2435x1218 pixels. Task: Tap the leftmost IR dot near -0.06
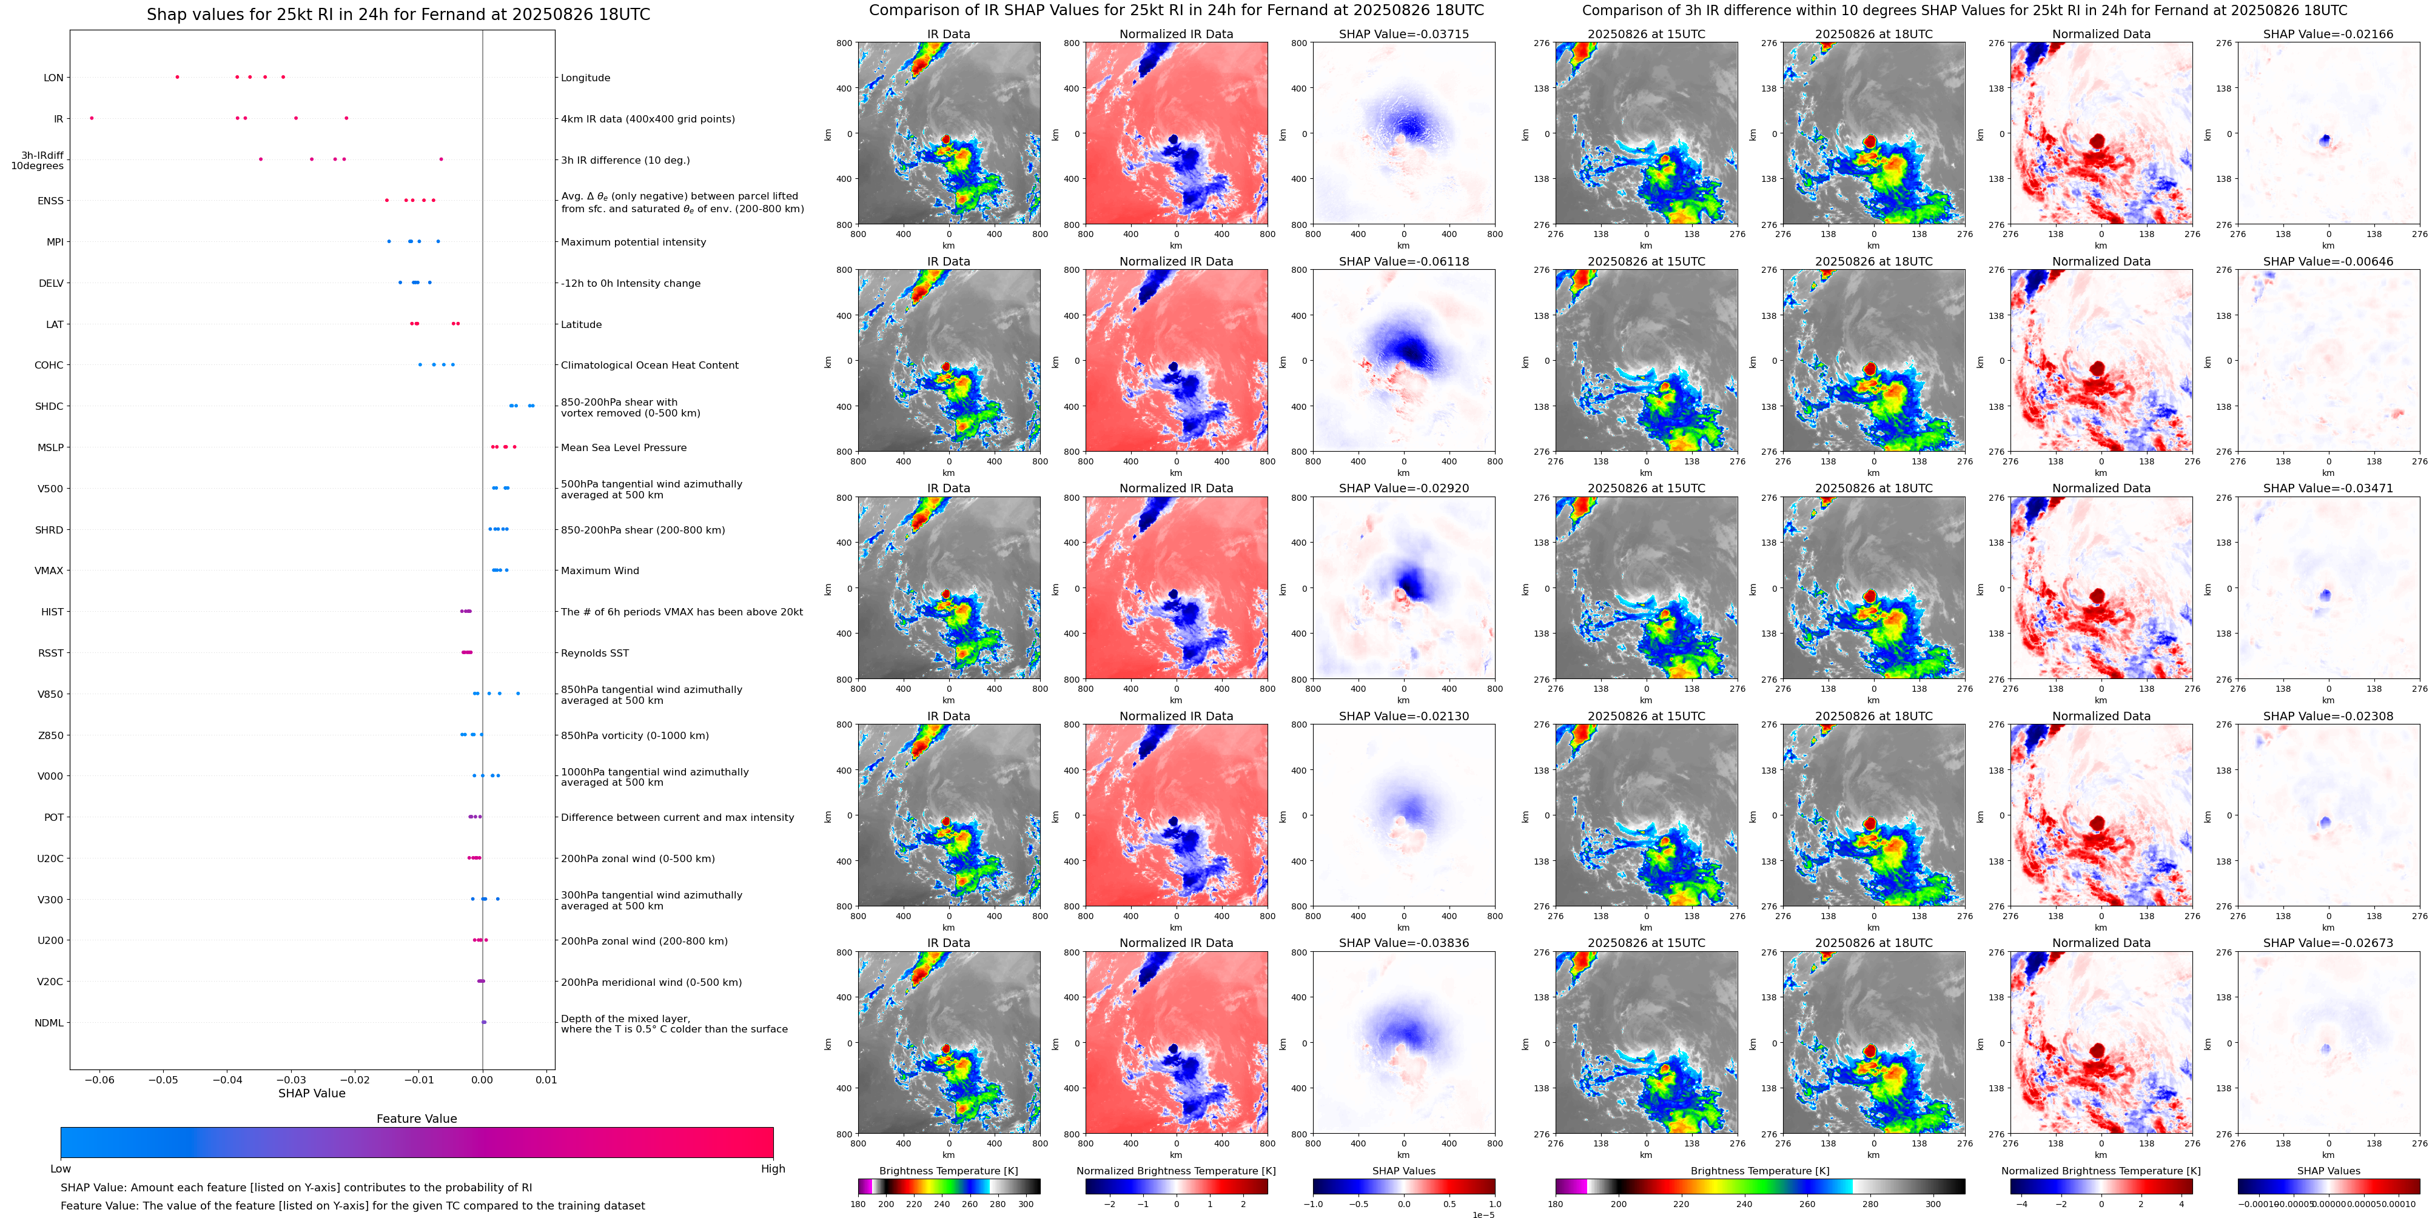pyautogui.click(x=92, y=118)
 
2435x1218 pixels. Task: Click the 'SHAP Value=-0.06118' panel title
pyautogui.click(x=1404, y=262)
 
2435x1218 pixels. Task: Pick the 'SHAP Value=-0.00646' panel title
pyautogui.click(x=2328, y=262)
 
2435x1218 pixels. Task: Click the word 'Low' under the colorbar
pyautogui.click(x=61, y=1169)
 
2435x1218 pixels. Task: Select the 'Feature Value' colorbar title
pyautogui.click(x=416, y=1119)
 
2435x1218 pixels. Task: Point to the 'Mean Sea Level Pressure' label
pyautogui.click(x=624, y=448)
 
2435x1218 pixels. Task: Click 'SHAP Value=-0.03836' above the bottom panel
pyautogui.click(x=1404, y=943)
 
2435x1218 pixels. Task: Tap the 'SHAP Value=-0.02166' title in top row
pyautogui.click(x=2328, y=34)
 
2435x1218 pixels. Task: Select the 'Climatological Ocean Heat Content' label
pyautogui.click(x=650, y=366)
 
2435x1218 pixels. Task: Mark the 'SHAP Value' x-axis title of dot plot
pyautogui.click(x=312, y=1093)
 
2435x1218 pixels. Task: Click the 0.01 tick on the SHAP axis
pyautogui.click(x=546, y=1080)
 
